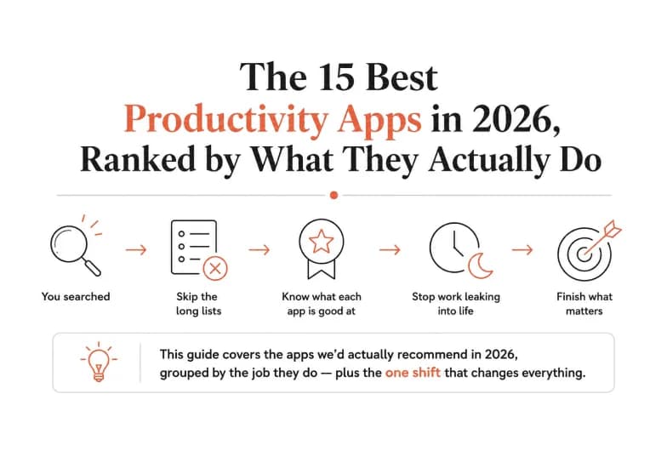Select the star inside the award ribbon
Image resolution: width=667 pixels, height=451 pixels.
pos(322,242)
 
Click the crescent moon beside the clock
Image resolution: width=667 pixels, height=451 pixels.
pos(481,265)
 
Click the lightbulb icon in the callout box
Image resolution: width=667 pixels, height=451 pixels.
pos(99,362)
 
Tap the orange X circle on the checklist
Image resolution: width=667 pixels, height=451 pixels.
pos(215,269)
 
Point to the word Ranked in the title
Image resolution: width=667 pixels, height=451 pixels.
pos(138,159)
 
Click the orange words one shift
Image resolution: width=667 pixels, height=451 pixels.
pos(413,373)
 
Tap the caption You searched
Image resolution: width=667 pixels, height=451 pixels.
pos(76,296)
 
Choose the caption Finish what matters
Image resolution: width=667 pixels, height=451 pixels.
pos(584,304)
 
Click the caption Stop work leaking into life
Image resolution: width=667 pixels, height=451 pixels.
pos(456,304)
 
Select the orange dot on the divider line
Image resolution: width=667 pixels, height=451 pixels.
pos(333,196)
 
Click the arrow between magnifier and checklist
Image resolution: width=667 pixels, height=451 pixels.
pos(136,249)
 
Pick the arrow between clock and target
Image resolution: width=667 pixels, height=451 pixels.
pos(522,249)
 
